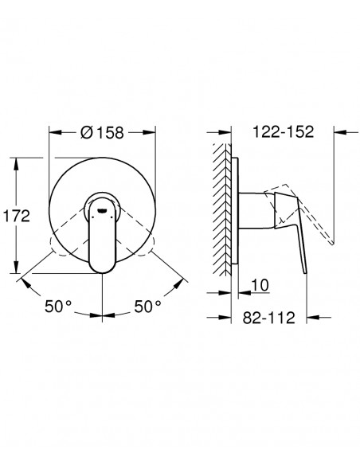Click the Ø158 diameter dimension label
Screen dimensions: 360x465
pyautogui.click(x=102, y=132)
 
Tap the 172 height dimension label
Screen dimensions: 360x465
pyautogui.click(x=16, y=216)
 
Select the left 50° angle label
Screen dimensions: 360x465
pyautogui.click(x=58, y=306)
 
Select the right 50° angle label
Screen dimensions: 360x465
pyautogui.click(x=147, y=306)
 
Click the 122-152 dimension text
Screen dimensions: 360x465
pyautogui.click(x=283, y=131)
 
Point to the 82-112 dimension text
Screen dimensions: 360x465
pyautogui.click(x=269, y=318)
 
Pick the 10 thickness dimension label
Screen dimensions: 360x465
pyautogui.click(x=260, y=285)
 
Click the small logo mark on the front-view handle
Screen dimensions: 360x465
pyautogui.click(x=102, y=210)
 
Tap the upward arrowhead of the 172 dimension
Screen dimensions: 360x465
pyautogui.click(x=17, y=164)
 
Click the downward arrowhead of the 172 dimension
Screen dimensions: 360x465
pyautogui.click(x=17, y=267)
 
